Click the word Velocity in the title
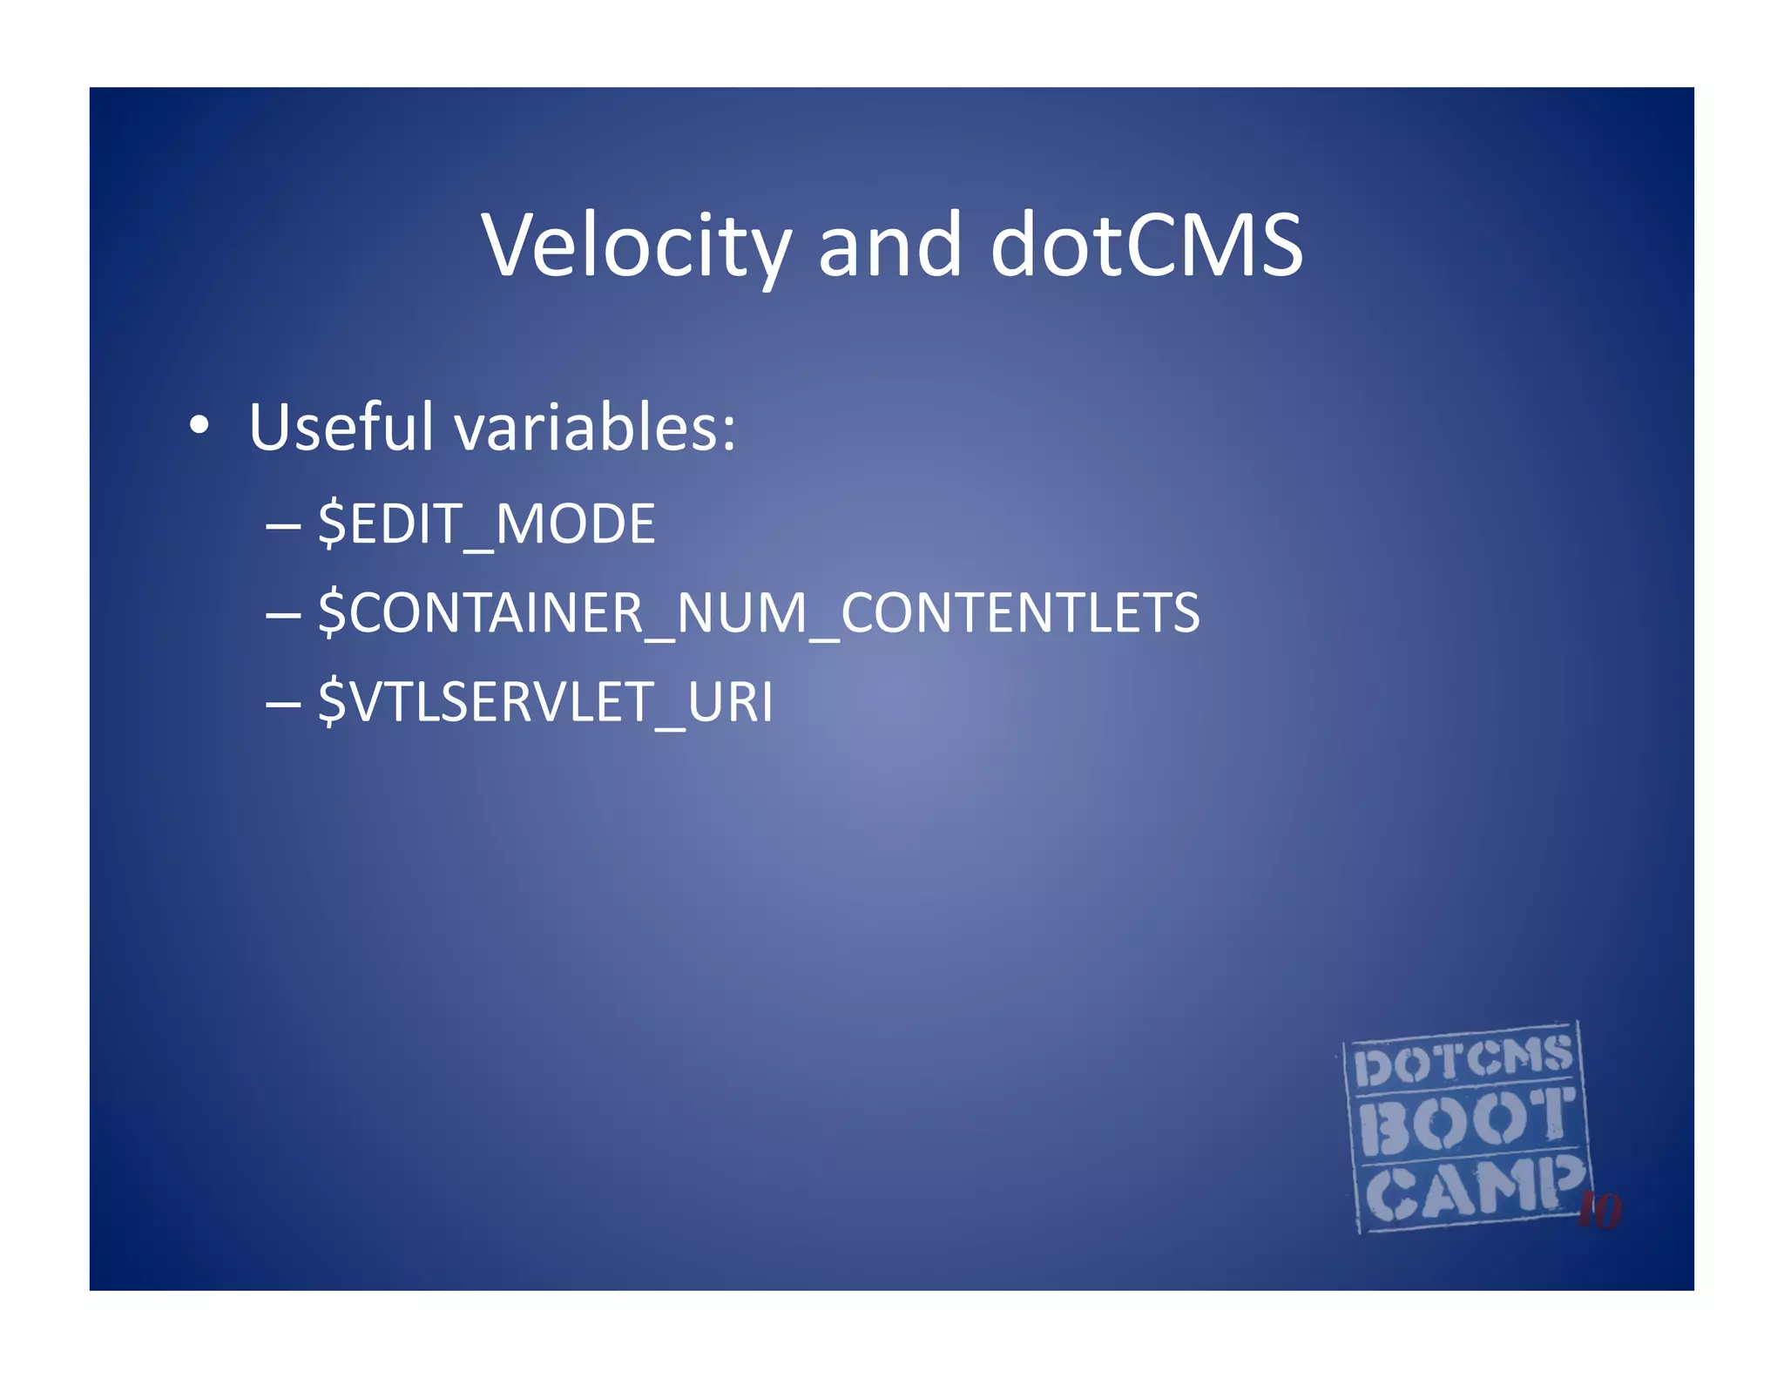[637, 246]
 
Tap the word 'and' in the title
[889, 246]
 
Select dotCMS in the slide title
[1146, 246]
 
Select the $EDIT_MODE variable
[486, 524]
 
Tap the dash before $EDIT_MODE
[283, 525]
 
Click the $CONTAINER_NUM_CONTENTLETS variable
[758, 612]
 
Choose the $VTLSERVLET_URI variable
[545, 701]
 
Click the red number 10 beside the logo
[1599, 1210]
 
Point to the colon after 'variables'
[728, 433]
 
